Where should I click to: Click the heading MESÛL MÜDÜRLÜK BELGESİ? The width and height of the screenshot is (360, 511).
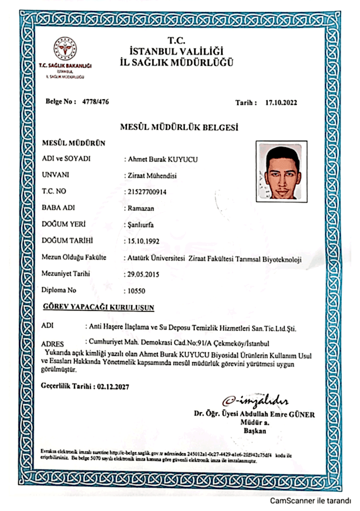[x=179, y=128]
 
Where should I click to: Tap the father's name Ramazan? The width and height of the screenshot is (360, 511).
[x=139, y=208]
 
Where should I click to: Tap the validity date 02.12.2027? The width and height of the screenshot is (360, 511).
[x=116, y=386]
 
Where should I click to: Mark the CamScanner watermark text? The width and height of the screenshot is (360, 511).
[x=311, y=501]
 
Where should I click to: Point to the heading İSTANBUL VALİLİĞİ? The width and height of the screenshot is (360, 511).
[x=176, y=51]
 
